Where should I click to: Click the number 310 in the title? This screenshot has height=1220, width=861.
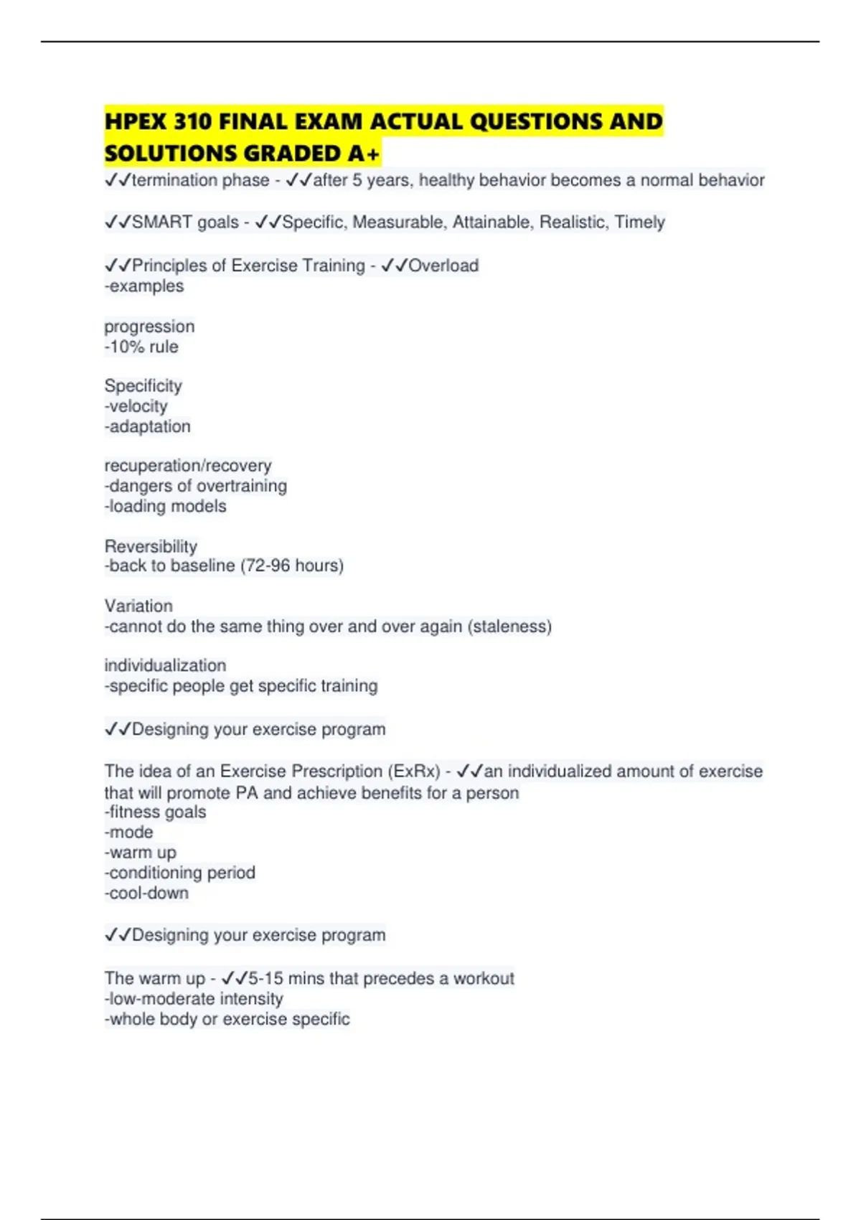192,121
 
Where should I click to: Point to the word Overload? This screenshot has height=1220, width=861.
443,266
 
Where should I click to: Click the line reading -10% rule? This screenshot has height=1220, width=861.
141,347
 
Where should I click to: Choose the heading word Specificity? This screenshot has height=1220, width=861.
143,385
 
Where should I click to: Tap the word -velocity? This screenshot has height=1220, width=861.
136,406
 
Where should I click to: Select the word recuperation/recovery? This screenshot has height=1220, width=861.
188,465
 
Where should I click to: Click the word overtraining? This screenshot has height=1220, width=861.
241,486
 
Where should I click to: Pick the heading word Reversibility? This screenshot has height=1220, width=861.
151,546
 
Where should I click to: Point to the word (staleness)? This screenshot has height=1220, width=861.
509,627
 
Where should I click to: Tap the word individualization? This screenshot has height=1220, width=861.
165,665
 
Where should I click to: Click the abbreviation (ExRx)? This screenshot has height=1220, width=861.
414,771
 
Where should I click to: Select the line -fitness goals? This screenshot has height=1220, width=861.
156,812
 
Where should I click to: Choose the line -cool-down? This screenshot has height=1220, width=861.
147,893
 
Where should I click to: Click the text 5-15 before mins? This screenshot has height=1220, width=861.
265,978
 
